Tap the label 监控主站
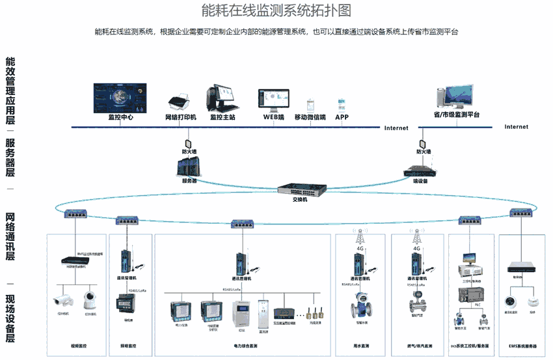pos(223,118)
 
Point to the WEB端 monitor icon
pos(274,100)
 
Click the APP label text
pos(342,118)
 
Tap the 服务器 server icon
pos(188,167)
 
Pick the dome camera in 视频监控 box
pos(90,299)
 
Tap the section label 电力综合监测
pos(245,346)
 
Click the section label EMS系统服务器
pos(522,346)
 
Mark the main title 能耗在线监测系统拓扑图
pos(276,11)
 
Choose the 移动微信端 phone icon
pos(311,105)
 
